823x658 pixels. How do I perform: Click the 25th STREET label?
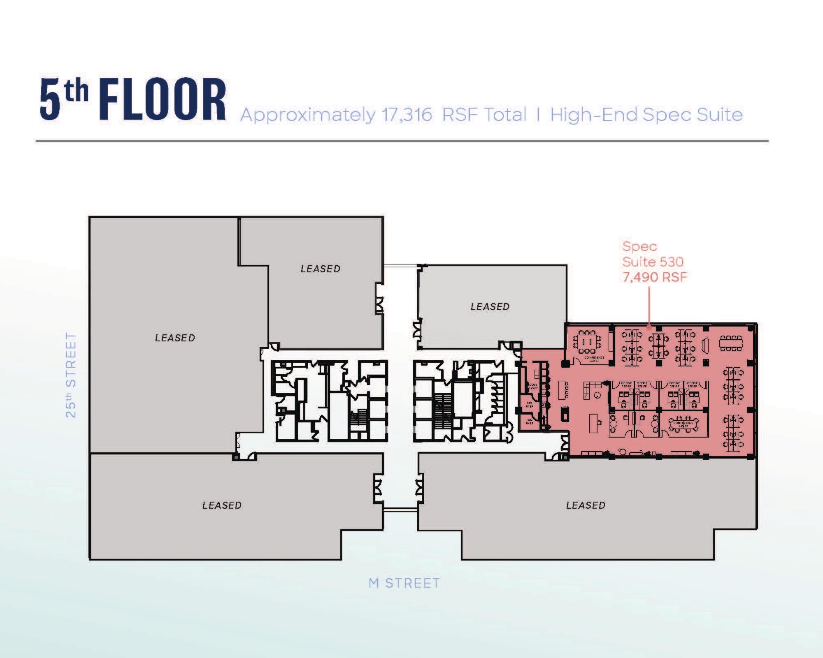click(71, 375)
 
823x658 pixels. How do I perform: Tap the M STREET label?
click(404, 583)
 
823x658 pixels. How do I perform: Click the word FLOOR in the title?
click(163, 100)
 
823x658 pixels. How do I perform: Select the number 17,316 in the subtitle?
click(407, 115)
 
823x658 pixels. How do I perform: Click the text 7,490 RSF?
click(654, 277)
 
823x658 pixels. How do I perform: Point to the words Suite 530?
click(653, 262)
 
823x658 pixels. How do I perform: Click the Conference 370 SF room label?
click(594, 359)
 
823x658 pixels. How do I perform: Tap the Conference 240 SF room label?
click(684, 424)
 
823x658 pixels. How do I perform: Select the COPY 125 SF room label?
click(533, 386)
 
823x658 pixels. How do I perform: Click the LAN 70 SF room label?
click(529, 421)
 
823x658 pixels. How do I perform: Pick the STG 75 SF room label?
click(529, 404)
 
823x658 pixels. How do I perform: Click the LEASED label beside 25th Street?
click(175, 338)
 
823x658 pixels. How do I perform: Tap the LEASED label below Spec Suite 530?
click(586, 505)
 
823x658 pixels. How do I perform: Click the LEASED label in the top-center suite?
click(321, 269)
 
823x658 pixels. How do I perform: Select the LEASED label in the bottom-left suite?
click(222, 505)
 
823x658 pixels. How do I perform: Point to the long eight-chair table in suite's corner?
click(731, 344)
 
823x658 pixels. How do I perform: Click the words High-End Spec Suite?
click(646, 115)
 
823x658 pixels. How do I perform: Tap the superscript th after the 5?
click(77, 91)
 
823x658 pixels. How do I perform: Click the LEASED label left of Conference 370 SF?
click(490, 306)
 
